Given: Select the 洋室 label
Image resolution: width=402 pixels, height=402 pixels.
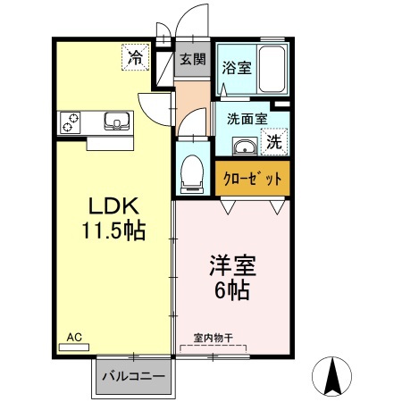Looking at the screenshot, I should point(233,265).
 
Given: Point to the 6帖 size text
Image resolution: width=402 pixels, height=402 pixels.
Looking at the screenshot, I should point(233,289).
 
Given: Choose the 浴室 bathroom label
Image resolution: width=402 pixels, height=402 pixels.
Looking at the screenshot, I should point(235,68).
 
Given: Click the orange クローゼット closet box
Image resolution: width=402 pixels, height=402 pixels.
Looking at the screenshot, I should point(253,179).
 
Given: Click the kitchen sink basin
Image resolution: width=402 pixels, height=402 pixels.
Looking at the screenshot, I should point(116,121).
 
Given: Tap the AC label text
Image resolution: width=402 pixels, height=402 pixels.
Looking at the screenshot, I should point(75,337).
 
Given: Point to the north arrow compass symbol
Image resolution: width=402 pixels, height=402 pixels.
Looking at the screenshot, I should point(333,375).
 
